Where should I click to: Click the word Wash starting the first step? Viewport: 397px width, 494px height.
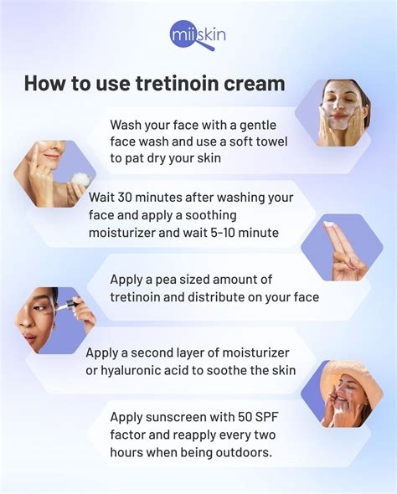coord(127,124)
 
